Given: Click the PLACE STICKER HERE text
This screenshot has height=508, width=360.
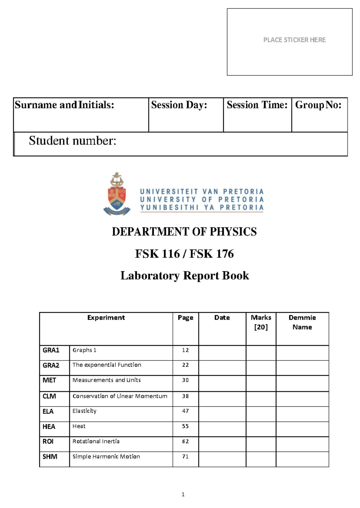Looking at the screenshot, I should click(x=294, y=40).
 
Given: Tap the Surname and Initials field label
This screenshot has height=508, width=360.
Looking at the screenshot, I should click(x=64, y=105).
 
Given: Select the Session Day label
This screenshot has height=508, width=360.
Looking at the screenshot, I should click(x=179, y=105).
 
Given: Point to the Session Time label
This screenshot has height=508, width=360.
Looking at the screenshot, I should click(x=257, y=105).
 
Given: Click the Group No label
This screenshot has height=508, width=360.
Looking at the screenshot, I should click(x=318, y=105).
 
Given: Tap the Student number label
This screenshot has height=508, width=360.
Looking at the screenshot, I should click(x=72, y=141).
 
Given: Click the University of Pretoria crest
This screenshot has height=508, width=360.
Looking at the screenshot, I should click(x=117, y=194).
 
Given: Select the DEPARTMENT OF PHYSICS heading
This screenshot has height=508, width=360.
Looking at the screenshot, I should click(x=184, y=232).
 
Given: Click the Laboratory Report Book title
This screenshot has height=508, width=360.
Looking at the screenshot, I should click(x=184, y=276).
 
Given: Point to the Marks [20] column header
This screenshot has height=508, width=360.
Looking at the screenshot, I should click(x=261, y=322).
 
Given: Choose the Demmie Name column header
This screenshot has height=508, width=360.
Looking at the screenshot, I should click(x=302, y=322).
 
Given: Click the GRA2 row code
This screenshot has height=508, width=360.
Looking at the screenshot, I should click(x=51, y=365).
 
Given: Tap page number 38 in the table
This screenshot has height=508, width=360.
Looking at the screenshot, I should click(x=185, y=396).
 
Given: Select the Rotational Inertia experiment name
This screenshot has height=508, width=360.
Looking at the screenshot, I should click(x=96, y=441).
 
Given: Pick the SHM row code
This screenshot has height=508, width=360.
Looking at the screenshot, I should click(x=50, y=457).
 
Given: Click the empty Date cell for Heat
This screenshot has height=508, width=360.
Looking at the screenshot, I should click(x=222, y=429).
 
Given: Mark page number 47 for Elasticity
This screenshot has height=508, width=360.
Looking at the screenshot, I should click(x=185, y=411).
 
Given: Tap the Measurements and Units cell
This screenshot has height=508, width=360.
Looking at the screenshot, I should click(x=106, y=380).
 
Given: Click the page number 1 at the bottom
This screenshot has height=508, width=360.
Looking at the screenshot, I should click(x=183, y=495).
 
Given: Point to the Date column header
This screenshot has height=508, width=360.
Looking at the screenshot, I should click(x=222, y=318).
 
